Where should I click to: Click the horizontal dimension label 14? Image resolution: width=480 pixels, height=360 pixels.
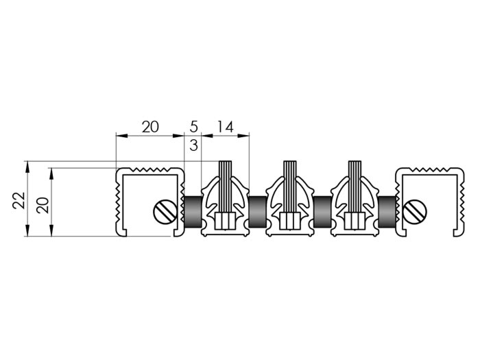coord(226,127)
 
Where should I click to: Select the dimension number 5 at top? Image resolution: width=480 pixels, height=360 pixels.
coord(194,127)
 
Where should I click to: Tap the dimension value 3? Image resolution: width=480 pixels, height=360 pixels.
coord(194,145)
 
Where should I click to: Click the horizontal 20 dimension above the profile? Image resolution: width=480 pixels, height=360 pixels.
coord(150,127)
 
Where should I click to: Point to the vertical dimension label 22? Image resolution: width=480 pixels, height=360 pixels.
coord(19,200)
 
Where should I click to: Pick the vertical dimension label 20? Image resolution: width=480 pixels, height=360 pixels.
coord(43,205)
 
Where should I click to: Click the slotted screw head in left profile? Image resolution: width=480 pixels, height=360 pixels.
coord(165,212)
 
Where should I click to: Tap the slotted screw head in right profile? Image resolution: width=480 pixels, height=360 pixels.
coord(415,212)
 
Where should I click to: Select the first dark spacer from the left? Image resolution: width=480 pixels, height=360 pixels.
coord(193,211)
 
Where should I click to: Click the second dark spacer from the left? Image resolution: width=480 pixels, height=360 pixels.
coord(257,211)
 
